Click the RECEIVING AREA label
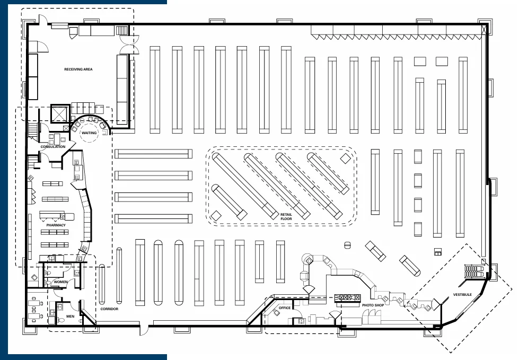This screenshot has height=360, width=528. coord(78,69)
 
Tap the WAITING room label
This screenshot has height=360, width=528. coord(89,133)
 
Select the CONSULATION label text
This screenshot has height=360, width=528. coord(53,147)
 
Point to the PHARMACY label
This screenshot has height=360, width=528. coord(56,225)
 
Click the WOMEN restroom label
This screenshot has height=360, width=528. coord(60,282)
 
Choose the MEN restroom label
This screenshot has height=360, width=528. coord(71,316)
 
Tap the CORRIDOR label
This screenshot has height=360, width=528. coord(109,309)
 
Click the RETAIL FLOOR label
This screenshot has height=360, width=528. coord(286,216)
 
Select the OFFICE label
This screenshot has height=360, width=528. coord(285,308)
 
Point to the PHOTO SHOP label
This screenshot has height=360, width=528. coord(373,305)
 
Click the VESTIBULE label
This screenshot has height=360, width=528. coord(462,295)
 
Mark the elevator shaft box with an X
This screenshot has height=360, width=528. coord(59,113)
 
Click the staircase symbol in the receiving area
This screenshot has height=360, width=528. coord(122,30)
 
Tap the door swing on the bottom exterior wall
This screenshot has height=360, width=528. coord(144,330)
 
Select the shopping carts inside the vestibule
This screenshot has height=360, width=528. coord(474,271)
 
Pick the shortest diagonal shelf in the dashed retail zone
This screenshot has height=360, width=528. coord(230,202)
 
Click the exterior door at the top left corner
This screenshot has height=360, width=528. coord(43,20)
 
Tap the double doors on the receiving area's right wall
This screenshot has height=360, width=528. coord(129,45)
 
